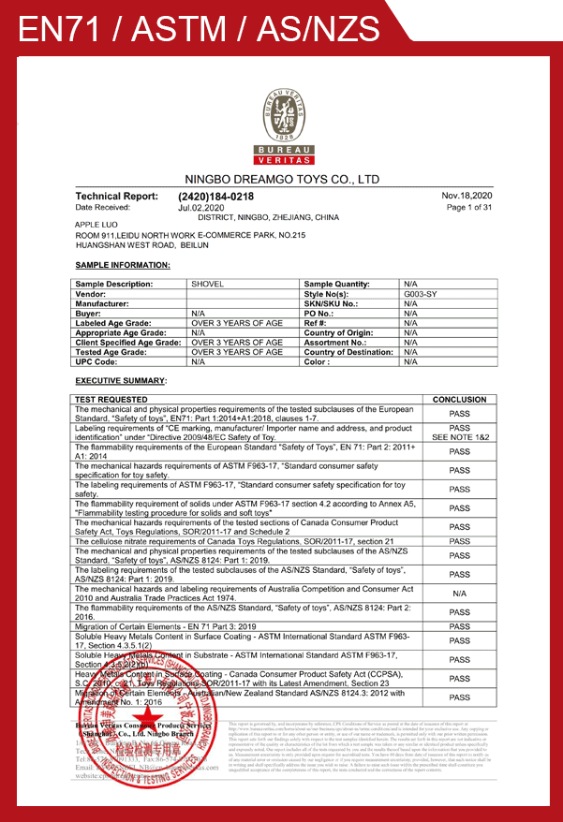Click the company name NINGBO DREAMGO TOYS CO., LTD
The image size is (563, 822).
coord(281,178)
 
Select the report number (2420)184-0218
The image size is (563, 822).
coord(215,196)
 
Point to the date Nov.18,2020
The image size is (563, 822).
coord(467,195)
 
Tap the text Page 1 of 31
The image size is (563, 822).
coord(469,207)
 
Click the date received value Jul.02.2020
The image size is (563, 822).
coord(200,207)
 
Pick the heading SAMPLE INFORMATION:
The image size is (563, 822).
coord(122,265)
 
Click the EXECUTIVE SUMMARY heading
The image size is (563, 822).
coord(121,380)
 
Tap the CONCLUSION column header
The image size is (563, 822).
coord(459,400)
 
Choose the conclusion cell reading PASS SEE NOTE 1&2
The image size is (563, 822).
coord(459,432)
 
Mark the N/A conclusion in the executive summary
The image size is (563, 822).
coord(459,594)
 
